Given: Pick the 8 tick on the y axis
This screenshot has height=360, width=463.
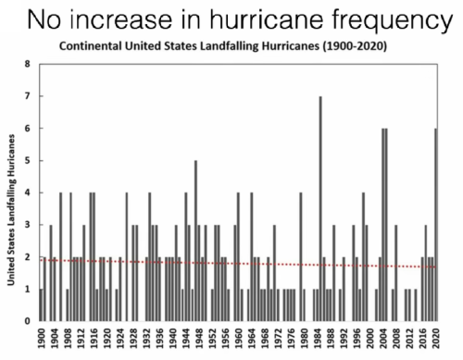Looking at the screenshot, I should click(x=28, y=65).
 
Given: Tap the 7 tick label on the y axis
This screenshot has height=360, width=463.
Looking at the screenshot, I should click(x=28, y=96).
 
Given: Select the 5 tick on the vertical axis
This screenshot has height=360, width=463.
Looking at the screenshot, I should click(x=28, y=161).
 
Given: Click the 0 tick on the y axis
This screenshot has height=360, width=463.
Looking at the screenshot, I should click(x=28, y=321).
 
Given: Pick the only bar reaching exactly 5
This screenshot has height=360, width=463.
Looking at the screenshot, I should click(x=195, y=241).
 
